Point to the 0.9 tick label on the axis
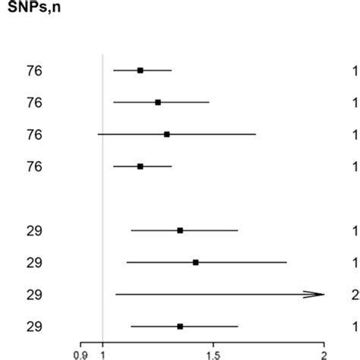click(x=79, y=353)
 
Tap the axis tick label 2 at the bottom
click(x=324, y=353)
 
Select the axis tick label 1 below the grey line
click(x=103, y=353)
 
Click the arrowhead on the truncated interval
click(x=315, y=295)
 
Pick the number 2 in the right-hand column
click(x=355, y=295)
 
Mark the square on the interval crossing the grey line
click(x=167, y=134)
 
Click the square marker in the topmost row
click(x=141, y=71)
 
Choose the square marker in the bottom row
click(x=180, y=327)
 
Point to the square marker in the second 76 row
click(x=158, y=103)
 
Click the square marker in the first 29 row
click(x=180, y=231)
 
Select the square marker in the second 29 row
click(x=196, y=263)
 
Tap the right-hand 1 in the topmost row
click(x=355, y=71)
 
